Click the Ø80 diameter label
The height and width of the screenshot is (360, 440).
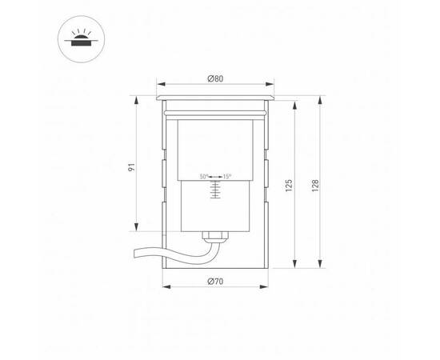click(214, 78)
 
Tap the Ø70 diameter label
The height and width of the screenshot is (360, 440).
click(214, 281)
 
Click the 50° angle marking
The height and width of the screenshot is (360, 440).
click(204, 176)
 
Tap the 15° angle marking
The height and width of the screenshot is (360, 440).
click(227, 176)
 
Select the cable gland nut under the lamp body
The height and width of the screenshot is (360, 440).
click(214, 236)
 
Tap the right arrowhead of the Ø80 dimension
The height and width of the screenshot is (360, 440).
click(274, 84)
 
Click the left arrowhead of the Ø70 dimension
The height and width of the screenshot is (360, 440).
click(164, 286)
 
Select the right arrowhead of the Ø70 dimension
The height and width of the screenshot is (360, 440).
click(266, 286)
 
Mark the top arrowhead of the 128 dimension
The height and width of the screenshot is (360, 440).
click(320, 98)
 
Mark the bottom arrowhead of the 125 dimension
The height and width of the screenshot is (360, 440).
click(296, 266)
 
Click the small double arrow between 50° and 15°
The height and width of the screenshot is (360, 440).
click(215, 176)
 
